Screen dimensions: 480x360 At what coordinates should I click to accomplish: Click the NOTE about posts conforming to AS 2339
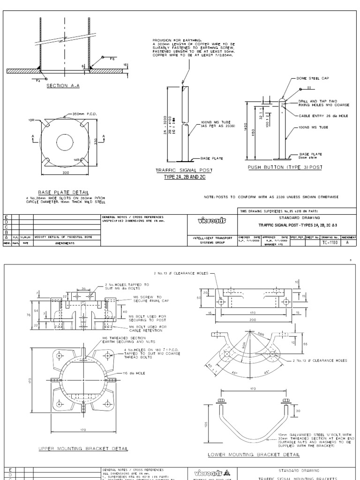[x=272, y=197]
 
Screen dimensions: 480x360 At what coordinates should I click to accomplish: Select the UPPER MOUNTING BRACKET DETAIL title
[x=83, y=449]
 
